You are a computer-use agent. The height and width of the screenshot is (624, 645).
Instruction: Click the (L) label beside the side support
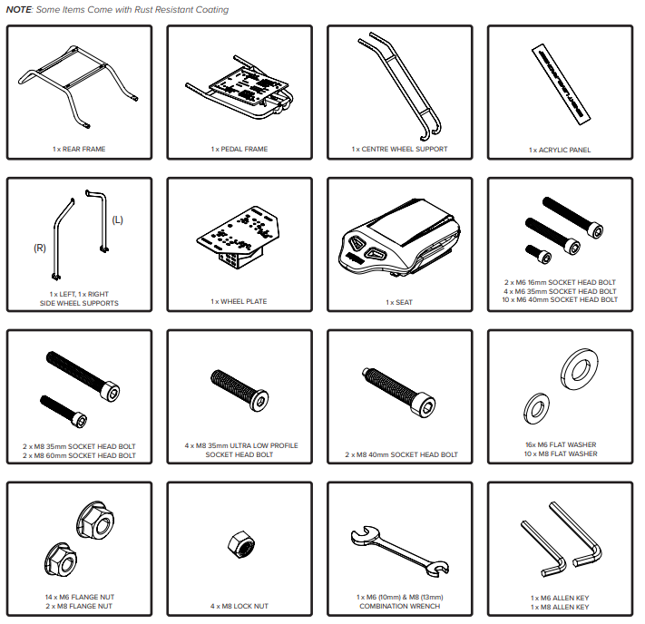[x=118, y=220]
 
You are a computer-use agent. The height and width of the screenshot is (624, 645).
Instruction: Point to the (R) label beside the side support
[x=40, y=248]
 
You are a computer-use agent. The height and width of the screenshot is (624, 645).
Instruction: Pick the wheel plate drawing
[x=239, y=238]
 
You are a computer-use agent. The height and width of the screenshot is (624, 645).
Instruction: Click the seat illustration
[x=399, y=238]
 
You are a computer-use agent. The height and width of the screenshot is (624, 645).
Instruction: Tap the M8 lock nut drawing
[x=241, y=544]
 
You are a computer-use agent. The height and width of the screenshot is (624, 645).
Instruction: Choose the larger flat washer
[x=580, y=367]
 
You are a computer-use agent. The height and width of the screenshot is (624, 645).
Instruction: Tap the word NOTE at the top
[x=19, y=10]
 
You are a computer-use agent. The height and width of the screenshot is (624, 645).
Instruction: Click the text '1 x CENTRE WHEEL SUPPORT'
[x=399, y=149]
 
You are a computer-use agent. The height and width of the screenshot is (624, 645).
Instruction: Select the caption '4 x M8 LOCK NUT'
[x=239, y=606]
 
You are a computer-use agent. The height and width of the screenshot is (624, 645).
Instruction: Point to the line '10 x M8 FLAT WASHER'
[x=561, y=453]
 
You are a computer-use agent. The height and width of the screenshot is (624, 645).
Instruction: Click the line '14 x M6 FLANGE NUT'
[x=80, y=597]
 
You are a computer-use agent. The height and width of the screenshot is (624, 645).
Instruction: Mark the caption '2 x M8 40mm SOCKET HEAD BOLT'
[x=402, y=454]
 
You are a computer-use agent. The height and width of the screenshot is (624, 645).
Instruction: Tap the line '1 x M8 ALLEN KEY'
[x=560, y=607]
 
